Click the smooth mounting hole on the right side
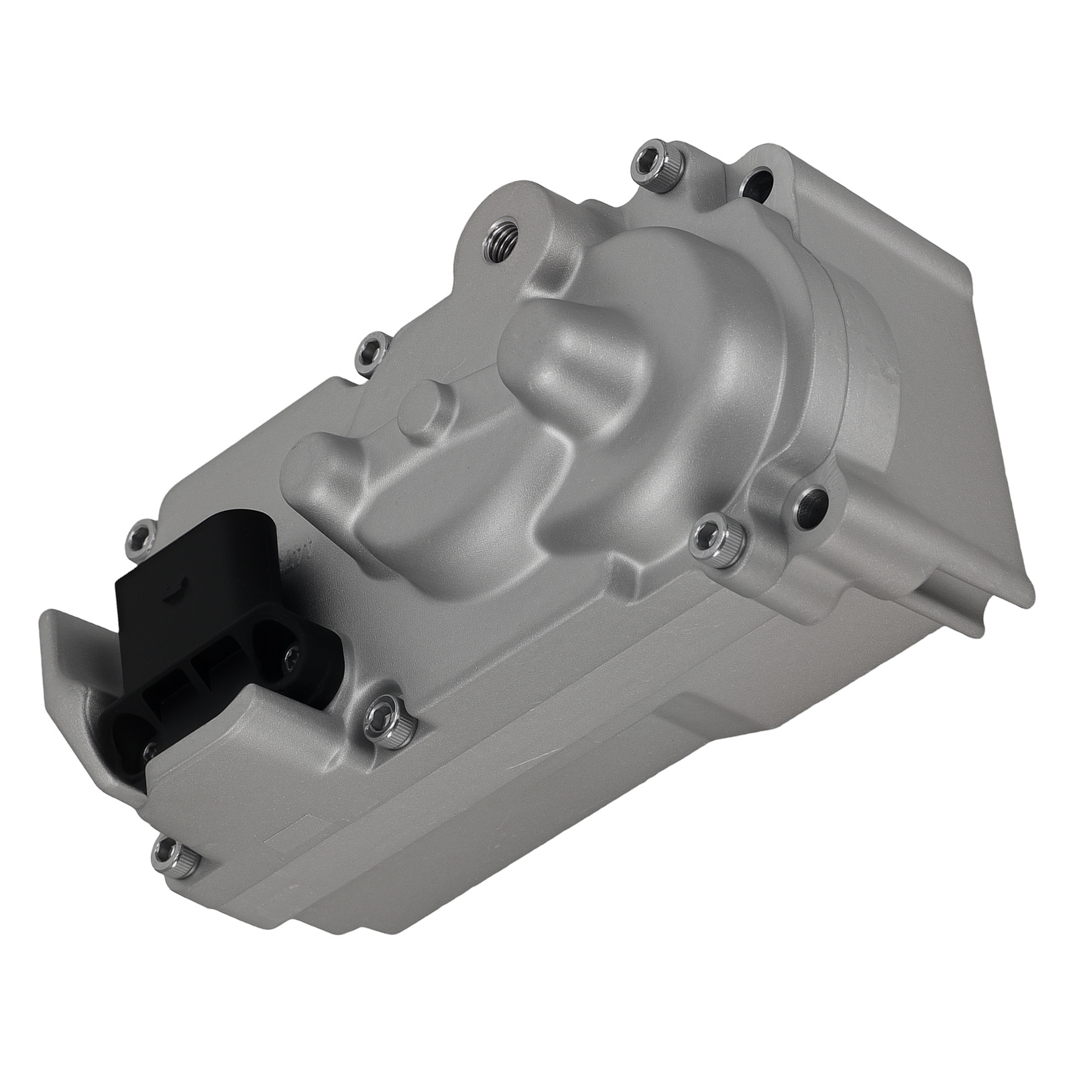click(x=813, y=504)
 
